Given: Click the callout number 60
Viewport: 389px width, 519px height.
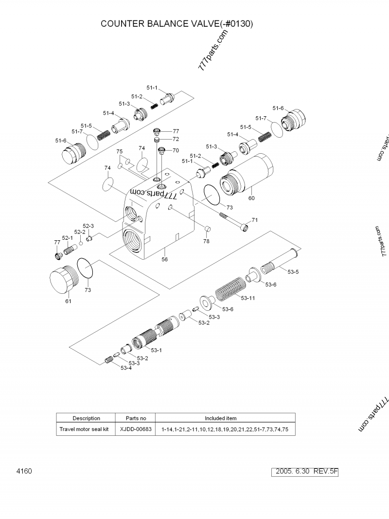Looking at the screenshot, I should click(x=251, y=198).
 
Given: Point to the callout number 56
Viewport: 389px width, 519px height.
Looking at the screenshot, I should click(x=164, y=260).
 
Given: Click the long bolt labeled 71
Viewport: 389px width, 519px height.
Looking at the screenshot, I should click(x=234, y=221).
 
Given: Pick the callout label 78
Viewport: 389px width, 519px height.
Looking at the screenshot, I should click(x=206, y=241).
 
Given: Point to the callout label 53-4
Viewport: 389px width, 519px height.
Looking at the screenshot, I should click(x=125, y=368).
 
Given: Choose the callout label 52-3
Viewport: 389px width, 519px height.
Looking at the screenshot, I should click(x=88, y=226).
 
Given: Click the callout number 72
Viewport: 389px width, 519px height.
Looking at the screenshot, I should click(x=176, y=139).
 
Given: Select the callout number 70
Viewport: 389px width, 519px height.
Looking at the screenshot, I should click(x=176, y=150).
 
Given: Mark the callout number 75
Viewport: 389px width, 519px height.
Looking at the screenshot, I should click(x=119, y=152).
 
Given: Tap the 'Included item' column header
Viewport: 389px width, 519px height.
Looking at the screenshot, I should click(x=221, y=418).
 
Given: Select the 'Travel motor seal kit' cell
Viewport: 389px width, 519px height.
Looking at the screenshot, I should click(x=84, y=430).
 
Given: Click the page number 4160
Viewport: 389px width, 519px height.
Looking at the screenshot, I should click(x=24, y=471).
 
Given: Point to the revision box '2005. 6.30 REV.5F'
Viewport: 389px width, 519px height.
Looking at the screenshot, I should click(x=307, y=472).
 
